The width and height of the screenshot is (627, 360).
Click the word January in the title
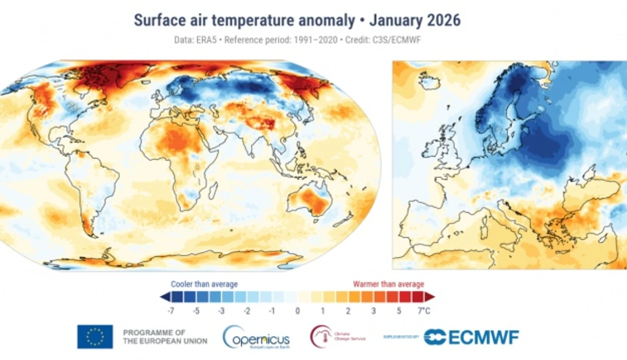399,20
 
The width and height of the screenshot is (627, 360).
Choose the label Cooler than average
204,284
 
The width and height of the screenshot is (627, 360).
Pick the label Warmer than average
388,284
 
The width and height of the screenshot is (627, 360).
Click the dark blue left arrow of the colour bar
164,297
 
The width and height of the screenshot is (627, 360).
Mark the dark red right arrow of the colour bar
431,297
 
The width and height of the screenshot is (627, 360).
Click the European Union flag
95,336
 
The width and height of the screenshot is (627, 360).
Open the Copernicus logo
256,337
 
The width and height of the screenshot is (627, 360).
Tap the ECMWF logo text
472,337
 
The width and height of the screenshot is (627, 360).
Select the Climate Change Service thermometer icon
321,336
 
